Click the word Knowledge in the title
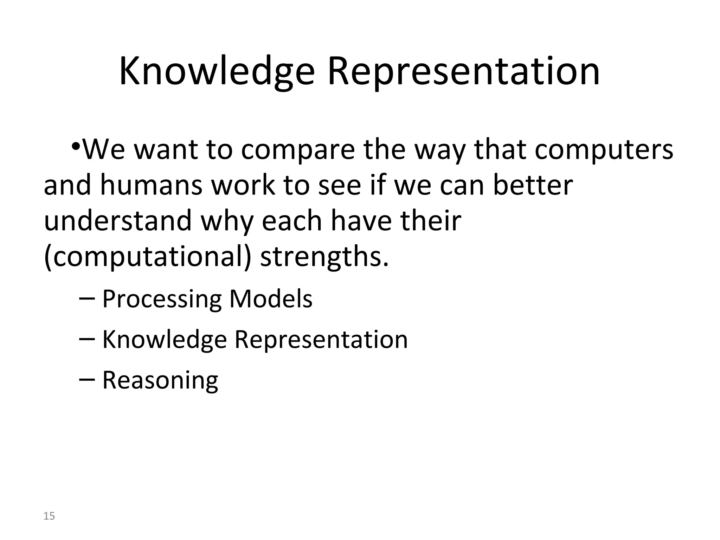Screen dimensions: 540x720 pos(217,72)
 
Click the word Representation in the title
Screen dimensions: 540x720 pos(463,72)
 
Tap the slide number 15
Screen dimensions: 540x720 pos(49,516)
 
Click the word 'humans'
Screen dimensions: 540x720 pos(151,185)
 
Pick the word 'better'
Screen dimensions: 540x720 pos(533,185)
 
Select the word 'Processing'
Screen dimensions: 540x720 pos(162,300)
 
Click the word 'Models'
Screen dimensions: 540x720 pos(271,300)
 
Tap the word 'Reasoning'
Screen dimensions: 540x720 pos(160,380)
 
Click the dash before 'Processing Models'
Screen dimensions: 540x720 pos(87,299)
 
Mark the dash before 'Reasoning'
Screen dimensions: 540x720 pos(87,380)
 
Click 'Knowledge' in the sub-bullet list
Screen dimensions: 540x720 pos(164,340)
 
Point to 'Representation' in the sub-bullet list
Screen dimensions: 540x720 pos(321,340)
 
